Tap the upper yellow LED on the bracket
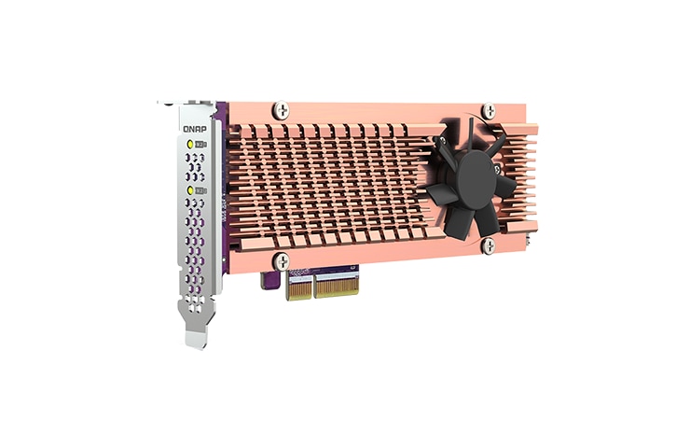(190, 145)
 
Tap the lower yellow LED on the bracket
(190, 189)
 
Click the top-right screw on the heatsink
(489, 111)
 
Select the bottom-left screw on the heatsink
(281, 261)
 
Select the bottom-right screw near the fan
(488, 246)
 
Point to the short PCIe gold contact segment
(299, 286)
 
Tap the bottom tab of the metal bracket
(196, 336)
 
